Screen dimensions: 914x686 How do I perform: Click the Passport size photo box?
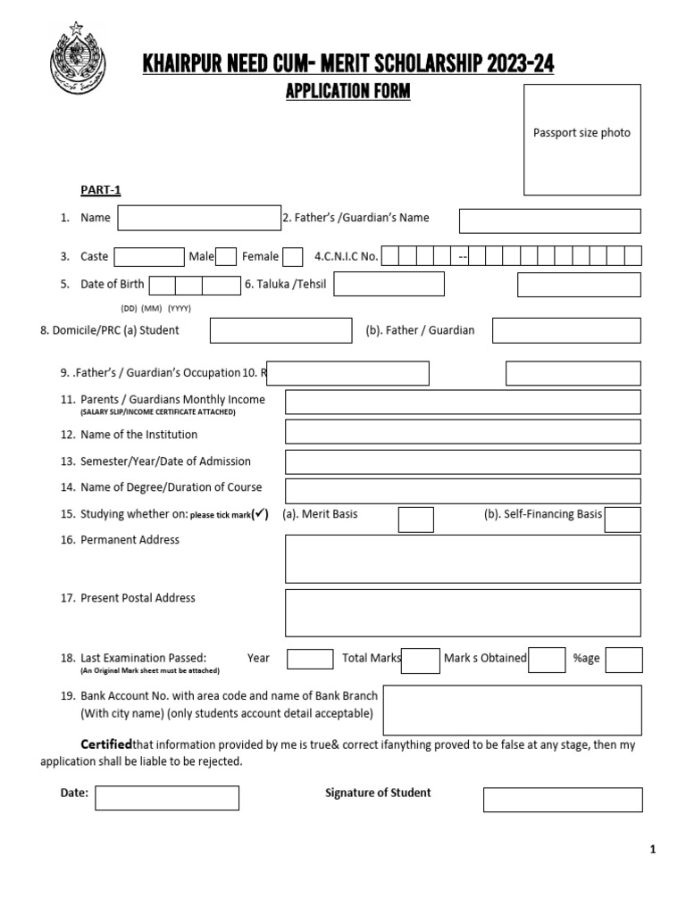[x=581, y=139]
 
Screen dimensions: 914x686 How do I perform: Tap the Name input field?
[x=199, y=218]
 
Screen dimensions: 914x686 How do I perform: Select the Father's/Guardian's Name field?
[x=549, y=220]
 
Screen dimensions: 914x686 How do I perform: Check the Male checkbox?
[x=226, y=257]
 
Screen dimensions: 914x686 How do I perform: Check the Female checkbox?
[x=292, y=257]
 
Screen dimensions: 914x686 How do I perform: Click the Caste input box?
[x=149, y=257]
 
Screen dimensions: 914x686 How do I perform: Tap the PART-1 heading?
[x=100, y=190]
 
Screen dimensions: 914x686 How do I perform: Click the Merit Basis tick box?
[x=415, y=519]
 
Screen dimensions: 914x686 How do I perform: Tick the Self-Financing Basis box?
[x=623, y=519]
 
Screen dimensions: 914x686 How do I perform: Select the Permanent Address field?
[x=462, y=559]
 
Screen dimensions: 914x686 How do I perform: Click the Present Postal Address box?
[x=462, y=612]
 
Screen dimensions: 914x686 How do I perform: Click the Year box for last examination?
[x=310, y=659]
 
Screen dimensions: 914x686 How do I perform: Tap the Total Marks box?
[x=421, y=660]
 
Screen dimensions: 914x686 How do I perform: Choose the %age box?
[x=624, y=660]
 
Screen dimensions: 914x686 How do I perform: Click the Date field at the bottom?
[x=167, y=797]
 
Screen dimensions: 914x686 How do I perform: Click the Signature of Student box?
[x=563, y=800]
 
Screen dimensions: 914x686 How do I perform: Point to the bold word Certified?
[x=106, y=744]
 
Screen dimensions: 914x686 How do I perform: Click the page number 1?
[x=653, y=850]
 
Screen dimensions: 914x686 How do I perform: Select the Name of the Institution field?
[x=462, y=432]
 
